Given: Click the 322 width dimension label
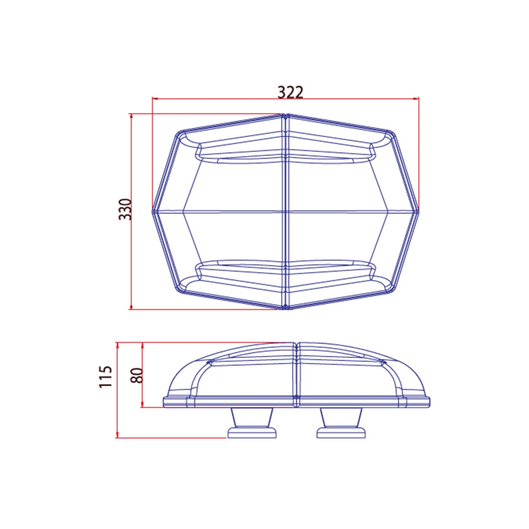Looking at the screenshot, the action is [290, 92].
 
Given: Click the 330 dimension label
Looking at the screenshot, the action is [125, 209].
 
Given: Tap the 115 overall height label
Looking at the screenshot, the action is [105, 377].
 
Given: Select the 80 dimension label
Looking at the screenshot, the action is [136, 375].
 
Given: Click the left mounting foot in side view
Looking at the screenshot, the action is [251, 423].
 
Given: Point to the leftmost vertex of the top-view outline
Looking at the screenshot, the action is [153, 212].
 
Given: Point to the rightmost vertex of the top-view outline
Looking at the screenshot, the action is [418, 212].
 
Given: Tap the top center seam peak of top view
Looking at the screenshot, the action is [285, 115].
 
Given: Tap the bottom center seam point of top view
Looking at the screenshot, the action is [285, 309].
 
